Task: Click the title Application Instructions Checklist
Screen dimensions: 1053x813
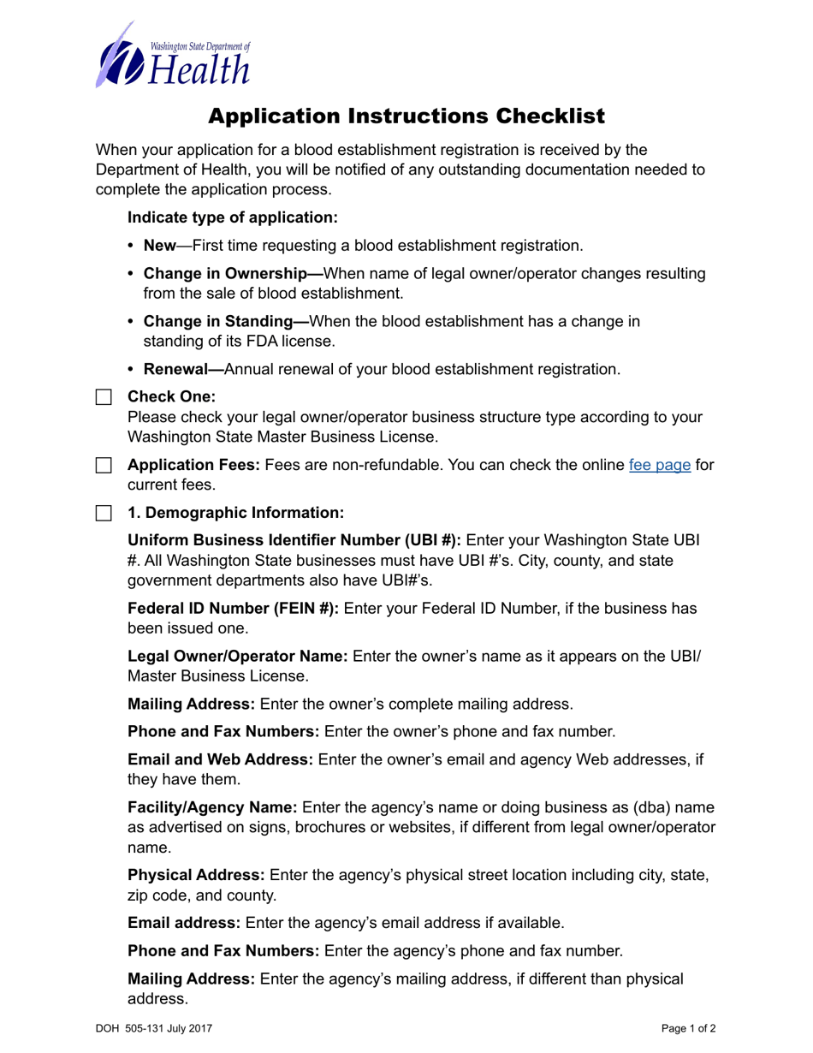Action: coord(406,116)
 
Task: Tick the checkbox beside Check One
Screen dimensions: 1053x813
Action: coord(104,398)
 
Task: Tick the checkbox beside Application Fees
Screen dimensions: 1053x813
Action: coord(104,467)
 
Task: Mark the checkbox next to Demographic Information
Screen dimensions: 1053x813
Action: coord(104,514)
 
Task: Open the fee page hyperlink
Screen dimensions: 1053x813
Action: coord(659,467)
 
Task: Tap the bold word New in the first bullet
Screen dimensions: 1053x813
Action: coord(159,247)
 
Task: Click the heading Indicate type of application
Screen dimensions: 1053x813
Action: coord(233,217)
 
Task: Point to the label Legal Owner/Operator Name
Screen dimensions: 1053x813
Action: coord(237,657)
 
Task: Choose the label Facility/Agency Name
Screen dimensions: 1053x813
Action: coord(212,807)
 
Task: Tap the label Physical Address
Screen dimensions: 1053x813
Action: coord(196,876)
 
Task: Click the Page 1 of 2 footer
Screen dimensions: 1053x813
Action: coord(688,1028)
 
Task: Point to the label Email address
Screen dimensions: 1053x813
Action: coord(184,923)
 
